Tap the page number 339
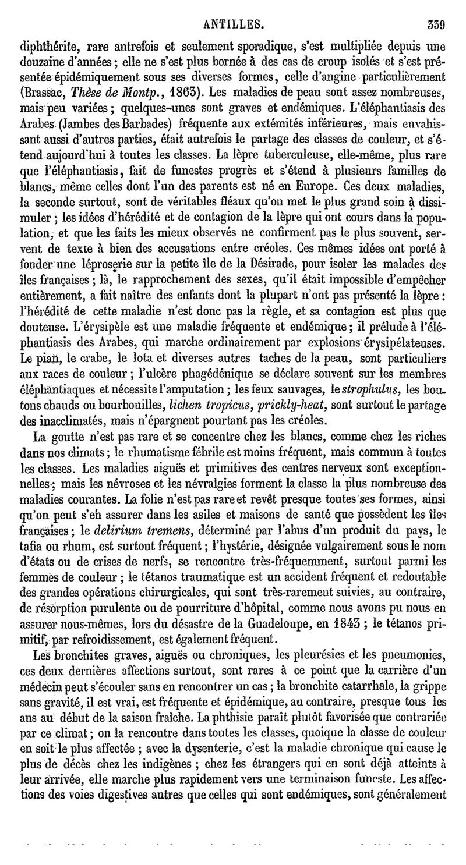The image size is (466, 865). pyautogui.click(x=436, y=9)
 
